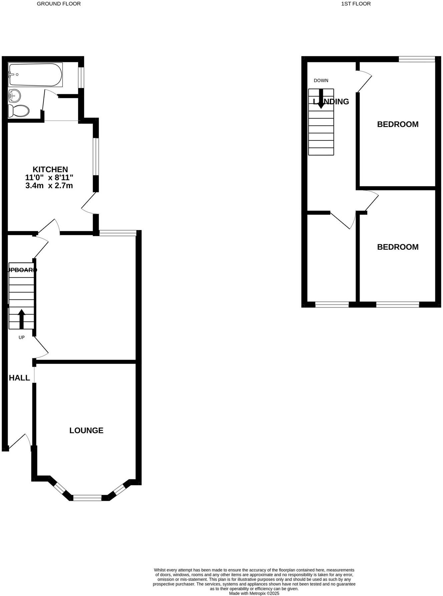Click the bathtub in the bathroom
click(35, 75)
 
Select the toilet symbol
click(19, 110)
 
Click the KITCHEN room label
click(50, 169)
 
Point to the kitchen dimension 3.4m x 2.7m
click(49, 186)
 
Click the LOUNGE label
click(86, 431)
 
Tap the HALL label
click(19, 378)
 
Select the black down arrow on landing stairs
click(321, 99)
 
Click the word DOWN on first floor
click(321, 80)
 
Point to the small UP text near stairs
click(22, 338)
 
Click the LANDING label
click(331, 102)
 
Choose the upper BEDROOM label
click(398, 124)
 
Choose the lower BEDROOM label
click(398, 247)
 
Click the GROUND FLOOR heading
click(59, 4)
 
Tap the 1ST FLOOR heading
click(356, 4)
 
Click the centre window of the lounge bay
click(87, 498)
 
